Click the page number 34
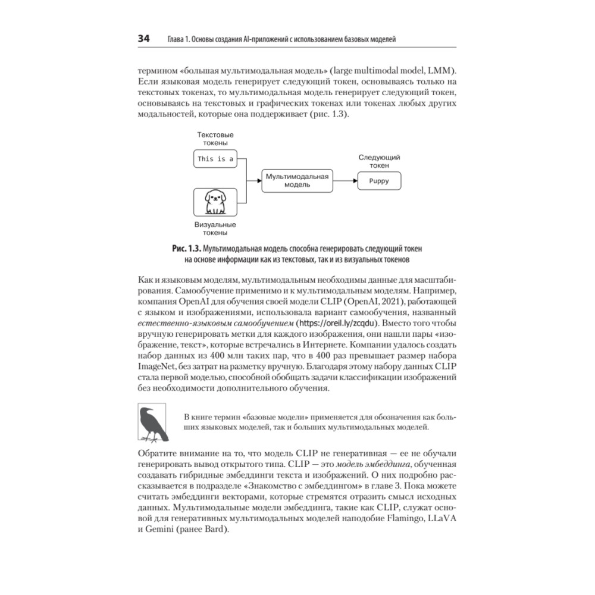tap(144, 39)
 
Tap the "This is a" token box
tap(215, 159)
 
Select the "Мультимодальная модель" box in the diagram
tap(297, 180)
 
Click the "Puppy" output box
tap(379, 181)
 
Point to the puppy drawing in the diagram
tap(215, 202)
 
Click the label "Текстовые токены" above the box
tap(215, 139)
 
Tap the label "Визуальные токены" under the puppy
tap(215, 229)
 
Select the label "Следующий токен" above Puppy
tap(379, 161)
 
